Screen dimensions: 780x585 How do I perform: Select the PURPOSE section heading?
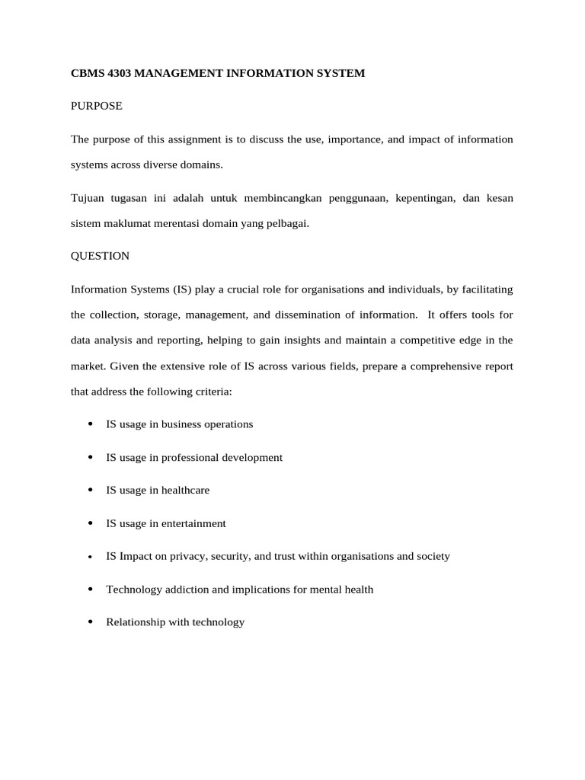click(96, 106)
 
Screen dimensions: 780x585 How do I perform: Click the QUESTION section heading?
click(100, 256)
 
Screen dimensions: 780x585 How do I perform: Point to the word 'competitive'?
click(425, 340)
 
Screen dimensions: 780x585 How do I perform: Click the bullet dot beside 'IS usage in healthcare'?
click(90, 490)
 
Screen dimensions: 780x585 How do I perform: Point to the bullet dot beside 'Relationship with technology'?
click(90, 622)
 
